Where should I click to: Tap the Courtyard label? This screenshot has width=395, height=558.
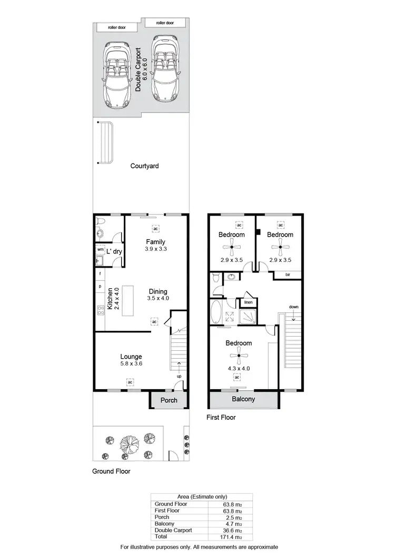pyautogui.click(x=144, y=166)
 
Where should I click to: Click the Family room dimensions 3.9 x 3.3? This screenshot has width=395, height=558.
pyautogui.click(x=156, y=249)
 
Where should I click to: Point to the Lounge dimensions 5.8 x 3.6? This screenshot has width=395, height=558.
pyautogui.click(x=131, y=364)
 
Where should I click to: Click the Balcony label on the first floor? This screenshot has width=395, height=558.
pyautogui.click(x=243, y=400)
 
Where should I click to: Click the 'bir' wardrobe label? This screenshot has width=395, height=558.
pyautogui.click(x=288, y=275)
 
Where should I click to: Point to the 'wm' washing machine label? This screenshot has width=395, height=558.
pyautogui.click(x=100, y=249)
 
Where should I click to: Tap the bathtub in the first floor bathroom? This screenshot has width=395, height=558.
pyautogui.click(x=216, y=312)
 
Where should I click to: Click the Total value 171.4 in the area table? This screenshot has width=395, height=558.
pyautogui.click(x=232, y=537)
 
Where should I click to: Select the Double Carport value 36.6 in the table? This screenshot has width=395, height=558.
pyautogui.click(x=232, y=531)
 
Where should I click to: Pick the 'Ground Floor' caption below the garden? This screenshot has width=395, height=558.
pyautogui.click(x=111, y=471)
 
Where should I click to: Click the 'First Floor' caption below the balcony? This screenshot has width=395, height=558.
pyautogui.click(x=221, y=418)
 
